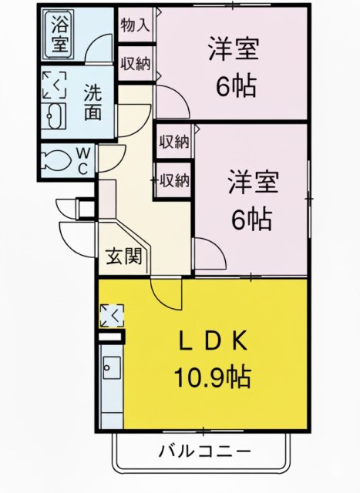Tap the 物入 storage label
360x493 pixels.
pyautogui.click(x=136, y=25)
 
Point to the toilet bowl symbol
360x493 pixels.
pyautogui.click(x=56, y=160)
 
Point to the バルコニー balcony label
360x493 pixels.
pyautogui.click(x=204, y=449)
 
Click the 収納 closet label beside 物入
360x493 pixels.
pyautogui.click(x=136, y=63)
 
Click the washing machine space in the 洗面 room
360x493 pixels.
pyautogui.click(x=54, y=85)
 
